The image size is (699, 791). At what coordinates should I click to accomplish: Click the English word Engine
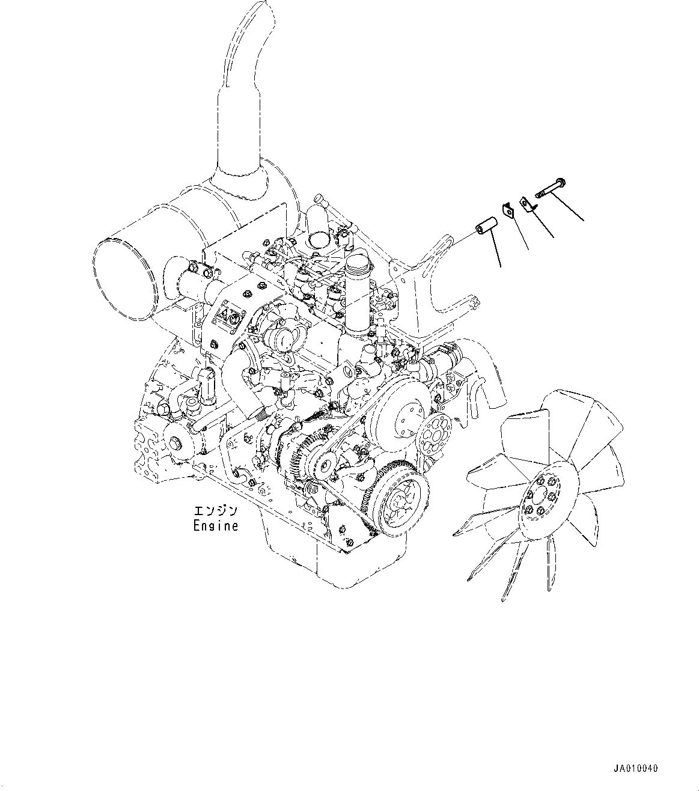pyautogui.click(x=215, y=526)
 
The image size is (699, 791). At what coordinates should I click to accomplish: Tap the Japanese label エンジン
pyautogui.click(x=215, y=512)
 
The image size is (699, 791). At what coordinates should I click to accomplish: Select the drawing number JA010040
pyautogui.click(x=635, y=768)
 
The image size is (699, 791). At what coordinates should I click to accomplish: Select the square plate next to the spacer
pyautogui.click(x=506, y=210)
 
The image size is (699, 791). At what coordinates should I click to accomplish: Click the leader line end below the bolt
pyautogui.click(x=584, y=221)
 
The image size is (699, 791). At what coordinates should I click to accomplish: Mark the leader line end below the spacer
pyautogui.click(x=500, y=266)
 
